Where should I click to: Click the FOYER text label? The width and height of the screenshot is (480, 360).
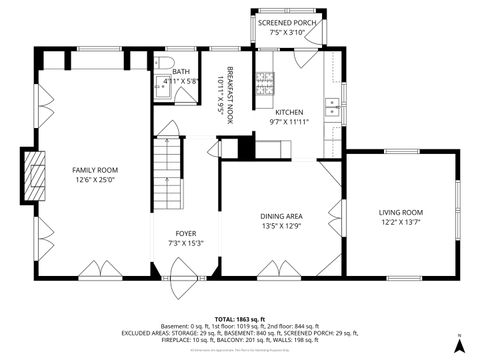(185, 233)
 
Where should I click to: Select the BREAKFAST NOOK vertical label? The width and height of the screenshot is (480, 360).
(230, 90)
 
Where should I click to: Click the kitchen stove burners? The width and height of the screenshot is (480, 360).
(266, 88)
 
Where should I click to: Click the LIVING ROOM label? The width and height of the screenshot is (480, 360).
(400, 212)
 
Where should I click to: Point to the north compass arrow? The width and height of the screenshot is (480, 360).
(458, 344)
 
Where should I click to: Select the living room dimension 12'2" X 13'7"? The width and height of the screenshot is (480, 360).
(400, 223)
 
